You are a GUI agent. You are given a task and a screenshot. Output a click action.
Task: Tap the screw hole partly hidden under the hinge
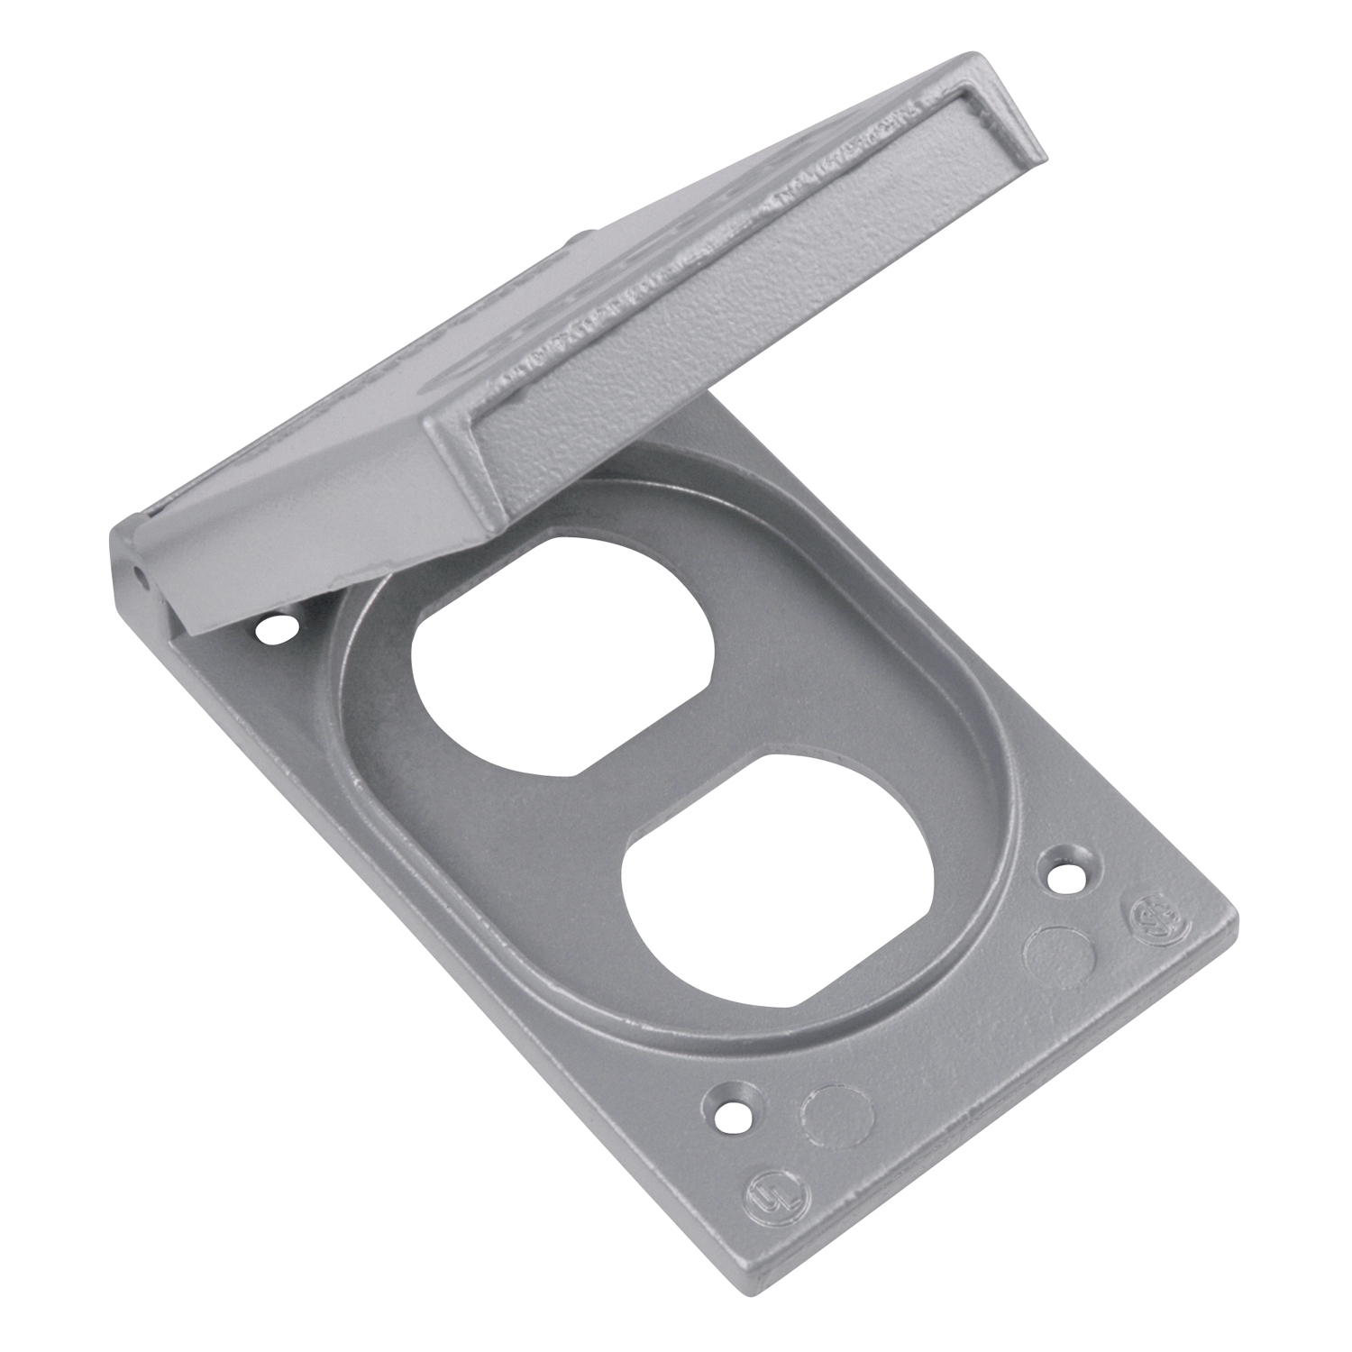(274, 629)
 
